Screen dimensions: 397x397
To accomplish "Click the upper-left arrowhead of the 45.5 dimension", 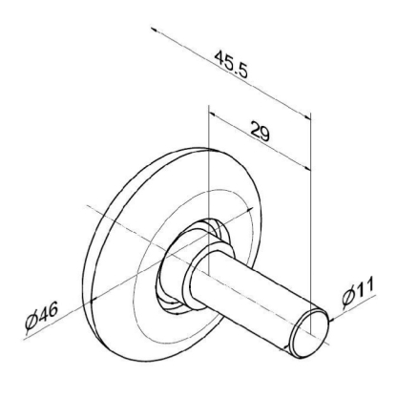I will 156,31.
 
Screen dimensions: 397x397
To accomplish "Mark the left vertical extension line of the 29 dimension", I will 207,172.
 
